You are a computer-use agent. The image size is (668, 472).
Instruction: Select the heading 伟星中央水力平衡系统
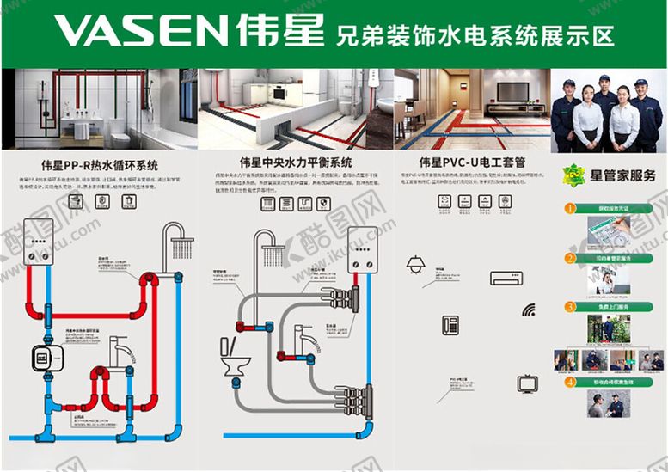pos(296,162)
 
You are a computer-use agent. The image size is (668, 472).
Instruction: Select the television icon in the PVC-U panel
pos(527,383)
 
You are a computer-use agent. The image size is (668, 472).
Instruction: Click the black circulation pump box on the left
pos(41,357)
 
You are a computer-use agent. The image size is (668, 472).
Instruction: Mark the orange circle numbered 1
pos(568,208)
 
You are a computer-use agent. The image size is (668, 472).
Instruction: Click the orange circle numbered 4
pos(568,383)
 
